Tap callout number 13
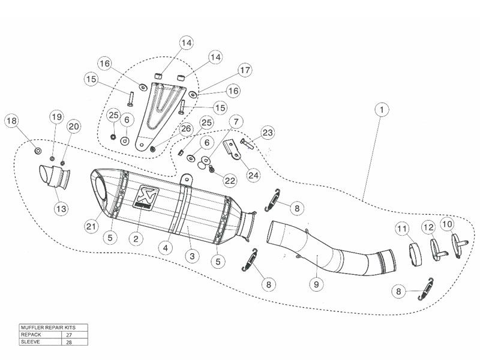pos(62,209)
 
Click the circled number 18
pos(11,122)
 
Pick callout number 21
pos(91,226)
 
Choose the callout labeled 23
pos(267,133)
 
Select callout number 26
pos(185,128)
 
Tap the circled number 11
pos(401,229)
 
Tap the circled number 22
pos(230,180)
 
